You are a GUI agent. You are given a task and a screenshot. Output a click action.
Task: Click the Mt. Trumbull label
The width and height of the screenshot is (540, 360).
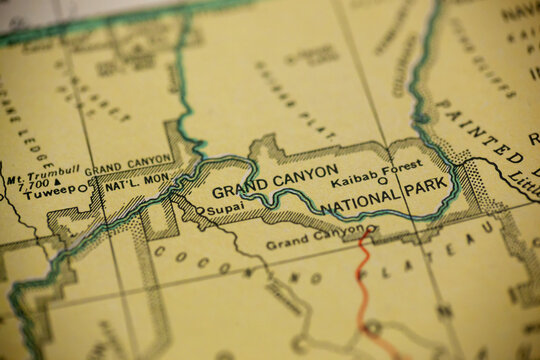(43, 170)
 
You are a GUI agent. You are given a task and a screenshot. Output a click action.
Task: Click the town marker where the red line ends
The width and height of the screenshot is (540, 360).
(371, 229)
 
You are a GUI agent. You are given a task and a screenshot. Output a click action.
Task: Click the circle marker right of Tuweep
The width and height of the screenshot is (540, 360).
(83, 190)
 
